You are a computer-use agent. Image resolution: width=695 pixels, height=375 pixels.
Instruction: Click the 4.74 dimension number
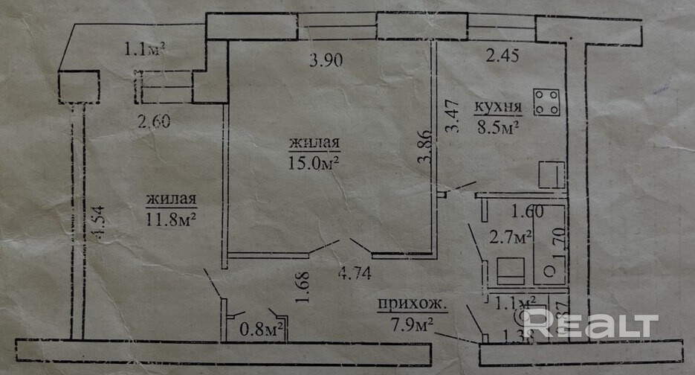tap(356, 272)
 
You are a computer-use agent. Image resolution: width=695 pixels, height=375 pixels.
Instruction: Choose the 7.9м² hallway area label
tap(413, 324)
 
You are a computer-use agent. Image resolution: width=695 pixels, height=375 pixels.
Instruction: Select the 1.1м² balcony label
tap(144, 50)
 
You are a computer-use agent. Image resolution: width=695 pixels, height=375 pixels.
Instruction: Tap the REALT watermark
tap(591, 324)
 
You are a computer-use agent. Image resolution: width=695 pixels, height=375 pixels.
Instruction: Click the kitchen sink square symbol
tap(552, 176)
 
